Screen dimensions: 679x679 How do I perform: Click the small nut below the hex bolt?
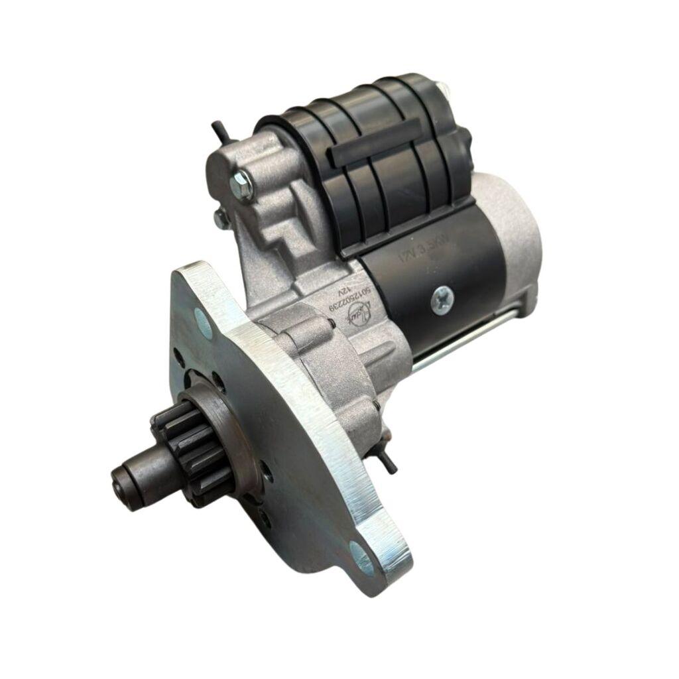click(221, 216)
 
